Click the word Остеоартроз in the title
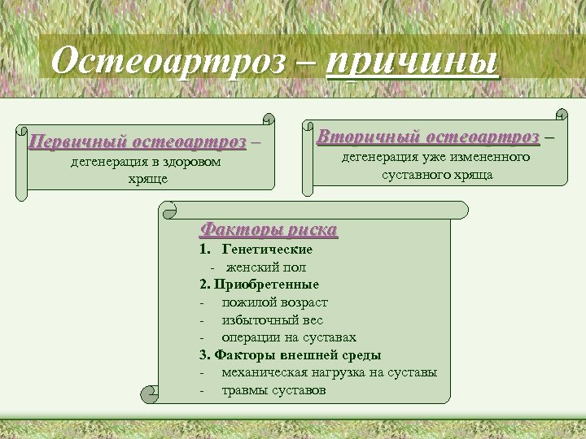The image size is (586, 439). click(168, 60)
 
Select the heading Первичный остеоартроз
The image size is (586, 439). click(137, 142)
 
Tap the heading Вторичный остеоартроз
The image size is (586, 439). click(428, 135)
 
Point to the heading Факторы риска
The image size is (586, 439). click(269, 229)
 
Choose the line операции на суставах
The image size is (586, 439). click(289, 337)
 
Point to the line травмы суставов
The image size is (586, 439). click(273, 390)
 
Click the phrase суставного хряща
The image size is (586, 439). click(438, 175)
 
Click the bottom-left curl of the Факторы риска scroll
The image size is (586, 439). click(150, 394)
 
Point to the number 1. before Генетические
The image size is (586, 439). click(204, 250)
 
